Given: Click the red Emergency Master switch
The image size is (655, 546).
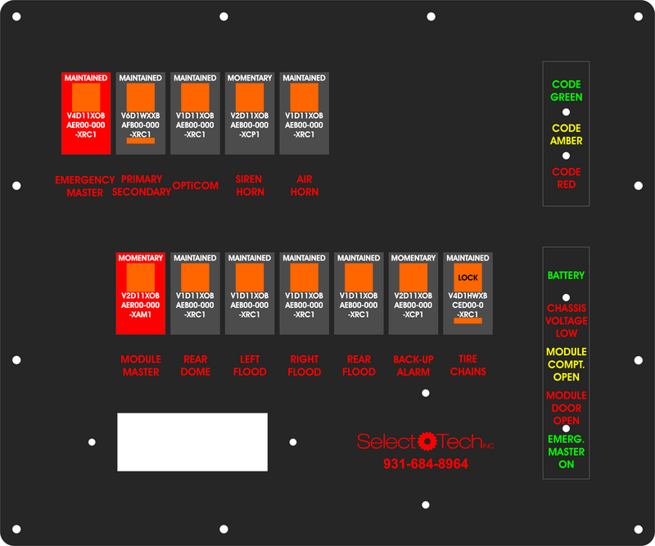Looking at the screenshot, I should (86, 113).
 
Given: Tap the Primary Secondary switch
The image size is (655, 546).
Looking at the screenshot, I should (140, 113).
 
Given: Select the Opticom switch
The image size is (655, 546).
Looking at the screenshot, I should (195, 113).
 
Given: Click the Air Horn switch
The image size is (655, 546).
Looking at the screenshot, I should (304, 113).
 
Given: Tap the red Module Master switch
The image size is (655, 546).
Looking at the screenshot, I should (140, 293).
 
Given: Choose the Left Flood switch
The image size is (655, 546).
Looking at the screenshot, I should (249, 293).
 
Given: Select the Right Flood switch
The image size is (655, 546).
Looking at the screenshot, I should (304, 293).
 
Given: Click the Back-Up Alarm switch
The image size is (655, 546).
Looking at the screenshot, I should (413, 293).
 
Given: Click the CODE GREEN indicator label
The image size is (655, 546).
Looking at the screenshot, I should (567, 91).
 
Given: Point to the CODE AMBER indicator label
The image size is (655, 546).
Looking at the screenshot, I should (567, 134).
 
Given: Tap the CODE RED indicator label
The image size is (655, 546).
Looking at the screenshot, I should (567, 178).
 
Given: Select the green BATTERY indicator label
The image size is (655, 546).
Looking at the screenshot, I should (566, 276).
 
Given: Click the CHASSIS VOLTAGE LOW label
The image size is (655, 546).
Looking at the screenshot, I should (567, 321).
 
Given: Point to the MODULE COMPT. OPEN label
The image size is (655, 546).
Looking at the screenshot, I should (567, 364).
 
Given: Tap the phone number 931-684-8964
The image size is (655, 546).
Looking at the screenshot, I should (426, 464).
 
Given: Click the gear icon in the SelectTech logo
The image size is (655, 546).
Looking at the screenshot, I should (426, 441).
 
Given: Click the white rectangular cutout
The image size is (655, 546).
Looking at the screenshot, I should (192, 442).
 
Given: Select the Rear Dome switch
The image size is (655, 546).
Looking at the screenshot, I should (195, 293).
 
